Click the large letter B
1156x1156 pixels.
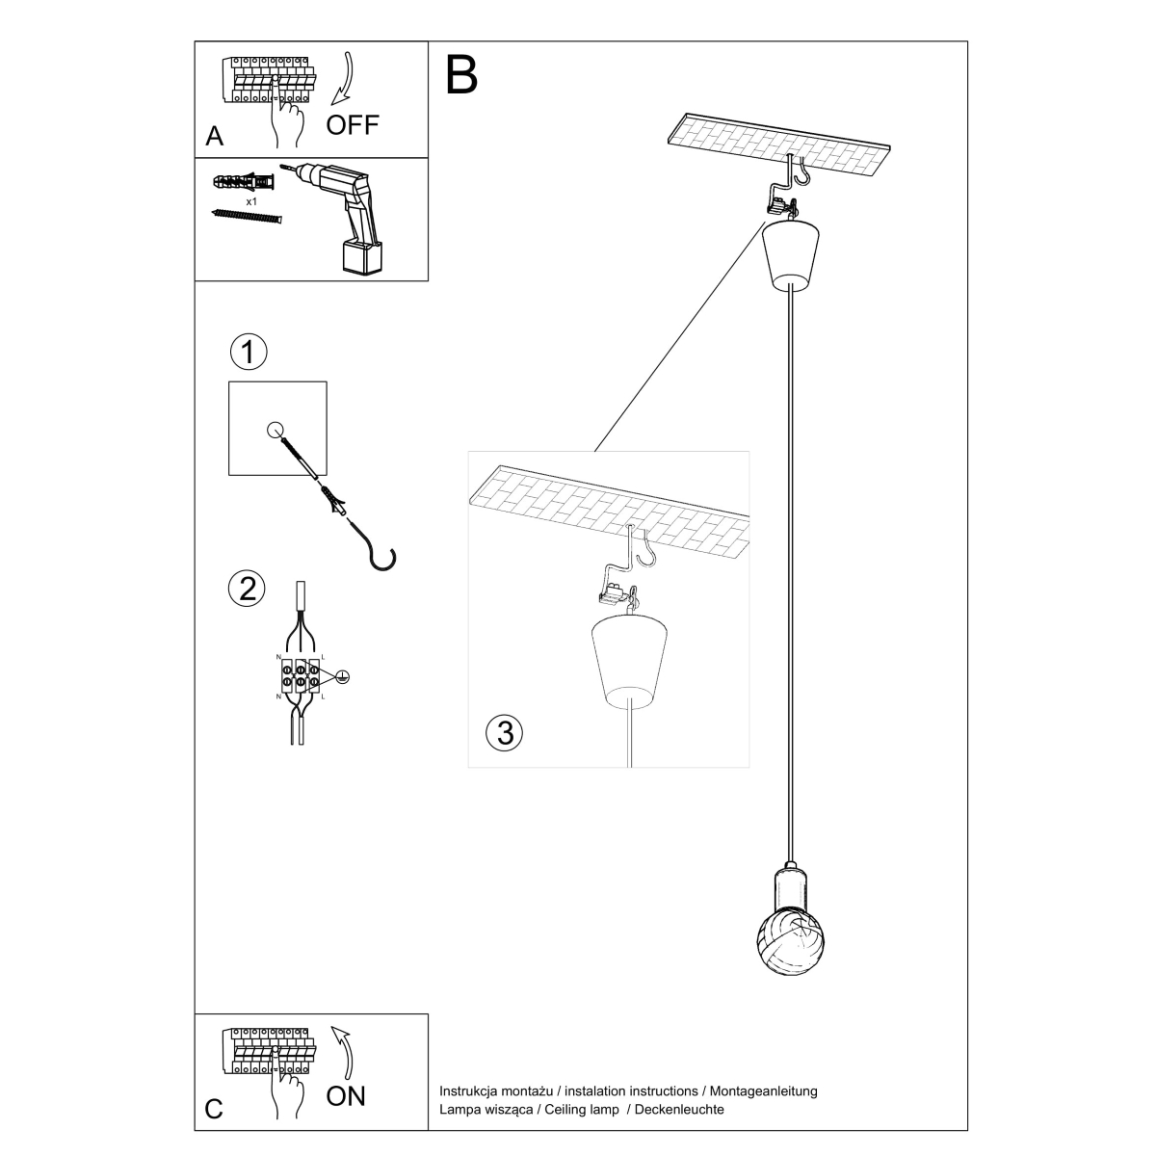tap(462, 74)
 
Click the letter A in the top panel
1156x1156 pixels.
tap(215, 136)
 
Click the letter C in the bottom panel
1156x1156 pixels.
tap(214, 1110)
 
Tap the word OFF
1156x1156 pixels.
tap(353, 124)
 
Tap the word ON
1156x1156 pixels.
tap(346, 1096)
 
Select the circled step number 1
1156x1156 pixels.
tap(248, 353)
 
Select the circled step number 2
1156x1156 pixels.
tap(248, 587)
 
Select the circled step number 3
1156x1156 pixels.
tap(504, 732)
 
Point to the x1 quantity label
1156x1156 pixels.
tap(251, 202)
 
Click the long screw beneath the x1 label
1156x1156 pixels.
tap(247, 217)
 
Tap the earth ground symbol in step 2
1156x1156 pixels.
tap(340, 678)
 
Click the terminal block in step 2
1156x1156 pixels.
tap(301, 674)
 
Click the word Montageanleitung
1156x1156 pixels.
tap(762, 1091)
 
